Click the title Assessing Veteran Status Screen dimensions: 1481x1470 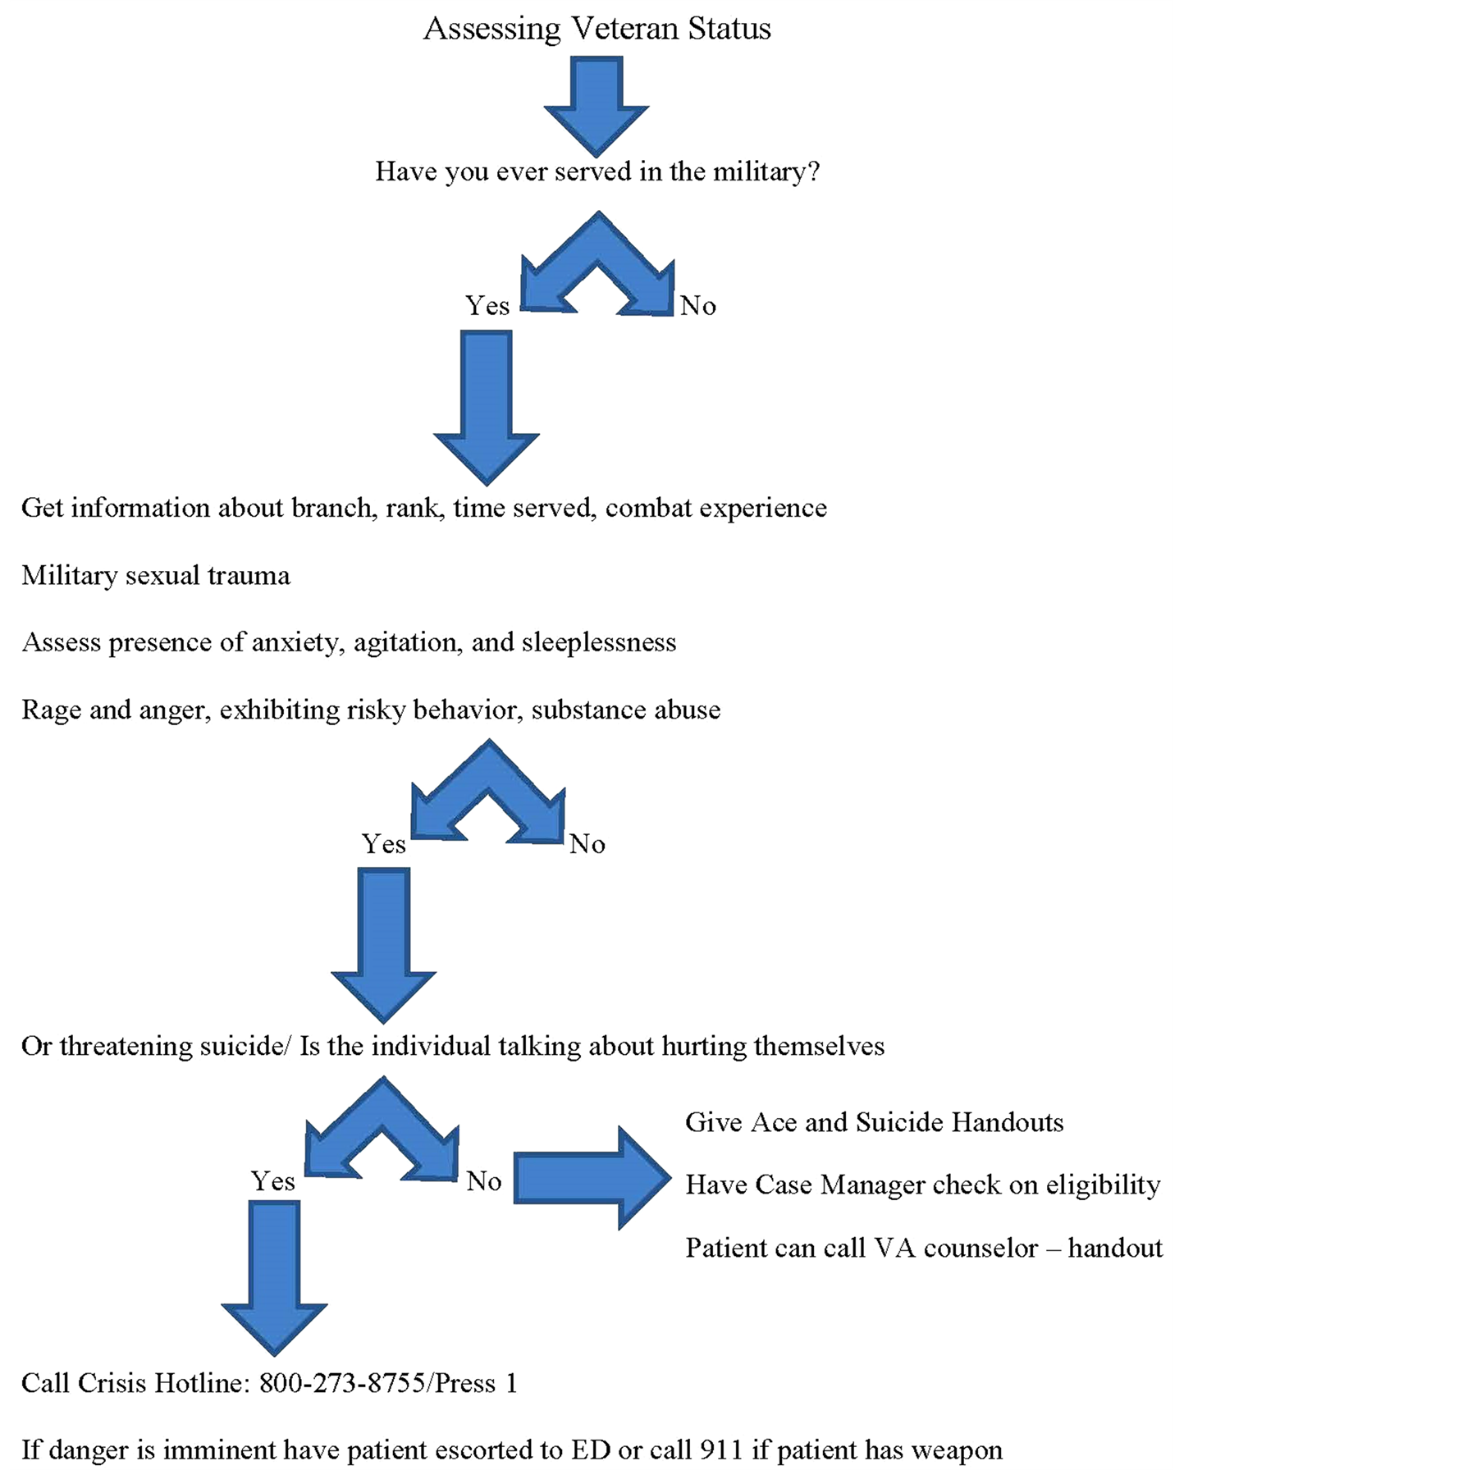coord(597,29)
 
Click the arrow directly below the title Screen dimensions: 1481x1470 coord(597,106)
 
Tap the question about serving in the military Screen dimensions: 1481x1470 coord(597,171)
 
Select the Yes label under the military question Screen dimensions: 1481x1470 coord(487,306)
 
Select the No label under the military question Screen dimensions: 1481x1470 coord(698,306)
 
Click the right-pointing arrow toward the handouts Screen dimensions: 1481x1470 coord(592,1178)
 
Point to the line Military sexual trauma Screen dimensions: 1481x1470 coord(156,576)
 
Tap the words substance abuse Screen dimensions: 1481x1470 coord(626,710)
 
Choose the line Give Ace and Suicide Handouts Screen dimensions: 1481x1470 coord(875,1122)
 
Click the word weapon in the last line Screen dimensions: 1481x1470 coord(957,1451)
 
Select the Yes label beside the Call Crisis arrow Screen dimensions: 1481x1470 coord(273,1181)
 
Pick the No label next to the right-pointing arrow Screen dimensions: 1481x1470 coord(484,1181)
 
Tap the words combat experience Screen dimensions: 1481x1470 coord(716,509)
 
